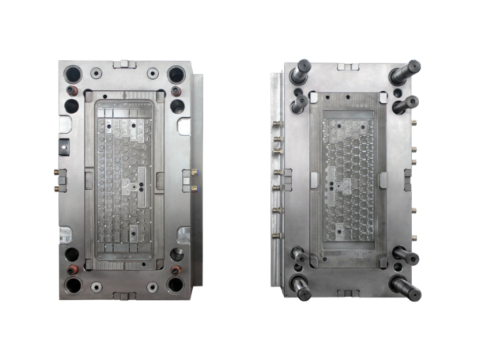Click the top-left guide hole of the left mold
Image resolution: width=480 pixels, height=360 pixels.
pyautogui.click(x=73, y=74)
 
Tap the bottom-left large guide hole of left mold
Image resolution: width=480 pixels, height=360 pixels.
pyautogui.click(x=73, y=286)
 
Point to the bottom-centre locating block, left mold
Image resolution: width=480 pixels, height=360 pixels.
pyautogui.click(x=124, y=295)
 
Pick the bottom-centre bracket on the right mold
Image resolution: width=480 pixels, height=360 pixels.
pyautogui.click(x=349, y=294)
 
